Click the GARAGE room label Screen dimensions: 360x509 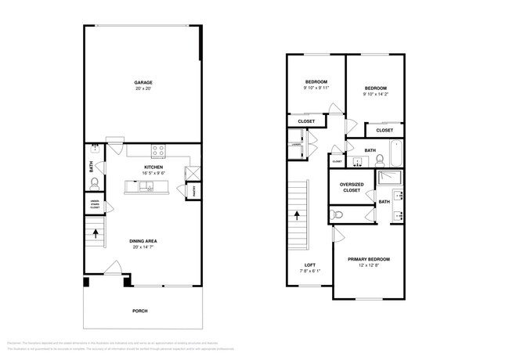coord(143,82)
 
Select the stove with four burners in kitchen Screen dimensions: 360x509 coord(158,150)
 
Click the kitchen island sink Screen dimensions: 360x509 coord(147,186)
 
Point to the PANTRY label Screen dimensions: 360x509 coord(193,189)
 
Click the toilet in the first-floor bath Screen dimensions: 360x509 coord(94,184)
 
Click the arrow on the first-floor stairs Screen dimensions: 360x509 coord(96,232)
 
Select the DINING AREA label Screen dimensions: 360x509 coord(143,241)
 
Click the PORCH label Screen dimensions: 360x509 coord(140,311)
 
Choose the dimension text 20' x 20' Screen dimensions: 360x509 coord(143,88)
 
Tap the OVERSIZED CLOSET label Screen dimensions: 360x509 coord(350,187)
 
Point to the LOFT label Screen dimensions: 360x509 coord(310,265)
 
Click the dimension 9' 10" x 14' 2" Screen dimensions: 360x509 coord(376,95)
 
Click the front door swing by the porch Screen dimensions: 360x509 coord(114,268)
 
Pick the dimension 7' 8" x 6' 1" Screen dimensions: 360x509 coord(310,272)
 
